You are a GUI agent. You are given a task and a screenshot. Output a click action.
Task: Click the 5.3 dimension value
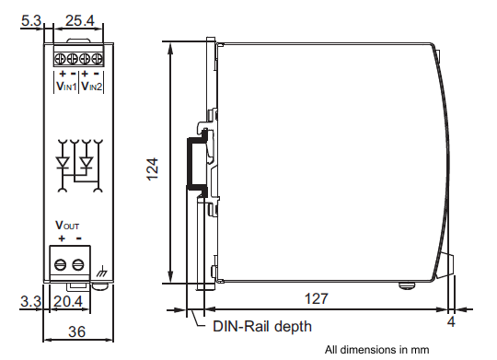(x=31, y=21)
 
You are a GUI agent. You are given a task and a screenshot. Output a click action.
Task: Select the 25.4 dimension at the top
(x=80, y=21)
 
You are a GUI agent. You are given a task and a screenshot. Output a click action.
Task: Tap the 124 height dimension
(x=153, y=169)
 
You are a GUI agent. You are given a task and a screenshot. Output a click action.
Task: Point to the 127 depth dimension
(x=317, y=299)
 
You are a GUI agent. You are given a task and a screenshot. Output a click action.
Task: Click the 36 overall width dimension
(x=76, y=331)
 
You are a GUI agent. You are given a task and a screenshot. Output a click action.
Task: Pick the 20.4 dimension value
(x=68, y=301)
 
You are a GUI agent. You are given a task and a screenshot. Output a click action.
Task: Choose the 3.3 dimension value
(x=30, y=301)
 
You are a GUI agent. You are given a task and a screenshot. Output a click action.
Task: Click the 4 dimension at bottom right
(x=451, y=321)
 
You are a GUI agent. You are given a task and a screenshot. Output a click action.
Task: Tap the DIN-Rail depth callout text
(x=262, y=326)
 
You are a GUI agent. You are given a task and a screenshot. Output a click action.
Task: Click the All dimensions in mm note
(x=376, y=350)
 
